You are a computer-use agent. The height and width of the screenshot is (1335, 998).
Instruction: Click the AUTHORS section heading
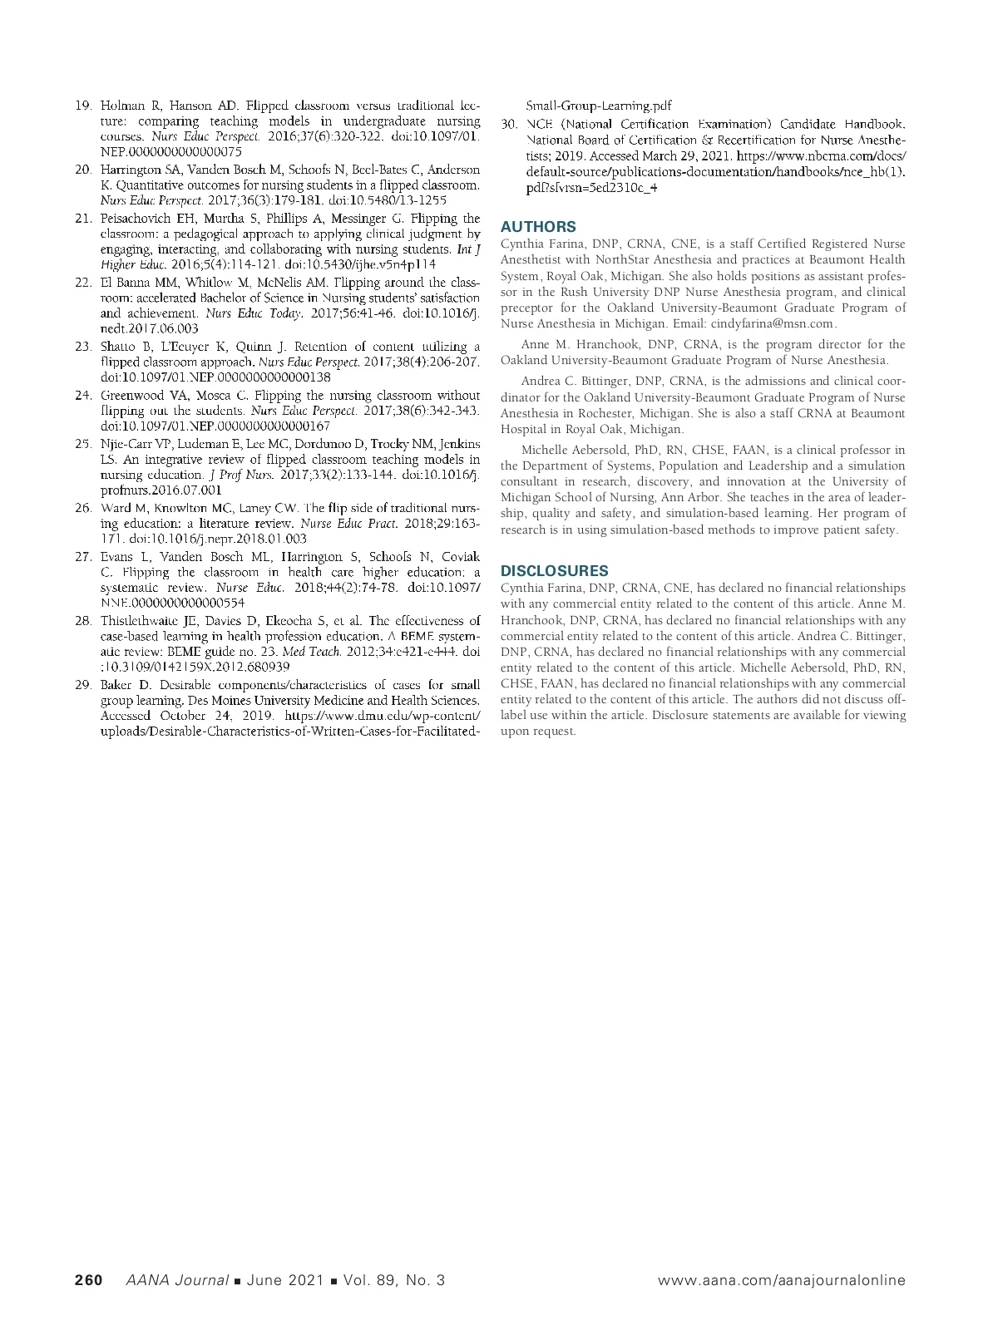538,227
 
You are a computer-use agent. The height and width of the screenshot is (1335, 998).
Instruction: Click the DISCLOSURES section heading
554,571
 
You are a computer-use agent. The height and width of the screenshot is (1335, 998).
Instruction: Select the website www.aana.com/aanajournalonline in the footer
781,1280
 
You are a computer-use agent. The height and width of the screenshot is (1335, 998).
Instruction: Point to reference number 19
83,106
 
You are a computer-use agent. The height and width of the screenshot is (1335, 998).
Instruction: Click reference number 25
83,444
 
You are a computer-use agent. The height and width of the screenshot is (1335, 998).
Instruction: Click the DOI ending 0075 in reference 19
170,152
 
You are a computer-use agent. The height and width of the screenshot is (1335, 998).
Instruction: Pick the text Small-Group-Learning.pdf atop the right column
599,106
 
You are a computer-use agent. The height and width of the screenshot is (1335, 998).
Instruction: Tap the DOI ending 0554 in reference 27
172,602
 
